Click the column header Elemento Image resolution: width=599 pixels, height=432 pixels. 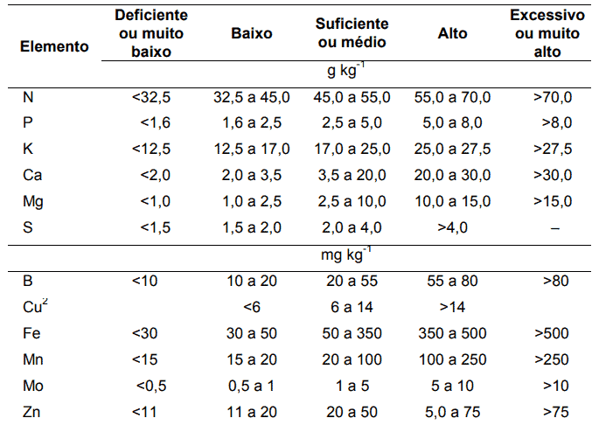(x=54, y=46)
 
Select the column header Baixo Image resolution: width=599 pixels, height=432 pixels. (x=252, y=34)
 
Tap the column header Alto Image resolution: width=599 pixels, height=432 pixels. (x=452, y=34)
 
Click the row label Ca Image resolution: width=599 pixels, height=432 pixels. (x=31, y=175)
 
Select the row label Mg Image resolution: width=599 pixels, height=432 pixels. (x=32, y=201)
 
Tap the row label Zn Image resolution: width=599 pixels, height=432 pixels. (x=31, y=411)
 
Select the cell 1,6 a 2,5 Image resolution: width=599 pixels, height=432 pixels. (x=252, y=122)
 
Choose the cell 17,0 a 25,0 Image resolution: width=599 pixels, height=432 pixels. (x=352, y=149)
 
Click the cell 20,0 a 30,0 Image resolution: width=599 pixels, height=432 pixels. (x=452, y=175)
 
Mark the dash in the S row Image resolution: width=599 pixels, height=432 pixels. (x=554, y=227)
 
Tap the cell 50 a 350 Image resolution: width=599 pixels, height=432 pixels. (x=352, y=332)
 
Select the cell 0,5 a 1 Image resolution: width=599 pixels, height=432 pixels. (x=252, y=385)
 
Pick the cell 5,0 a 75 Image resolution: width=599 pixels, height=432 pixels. (x=452, y=411)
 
